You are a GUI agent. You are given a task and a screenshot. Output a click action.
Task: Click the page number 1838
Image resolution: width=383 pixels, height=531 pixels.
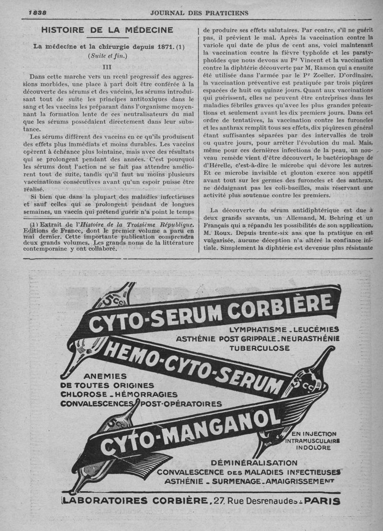click(32, 12)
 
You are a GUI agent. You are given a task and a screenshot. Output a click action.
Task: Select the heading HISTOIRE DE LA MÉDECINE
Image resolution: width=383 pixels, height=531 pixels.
click(107, 30)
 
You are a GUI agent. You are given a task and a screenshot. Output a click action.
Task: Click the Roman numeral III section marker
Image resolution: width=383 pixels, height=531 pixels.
click(107, 67)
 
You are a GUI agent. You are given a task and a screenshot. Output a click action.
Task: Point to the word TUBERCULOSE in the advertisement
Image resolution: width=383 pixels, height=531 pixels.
click(259, 348)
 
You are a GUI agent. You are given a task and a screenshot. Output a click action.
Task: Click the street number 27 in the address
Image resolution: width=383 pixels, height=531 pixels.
click(219, 501)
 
